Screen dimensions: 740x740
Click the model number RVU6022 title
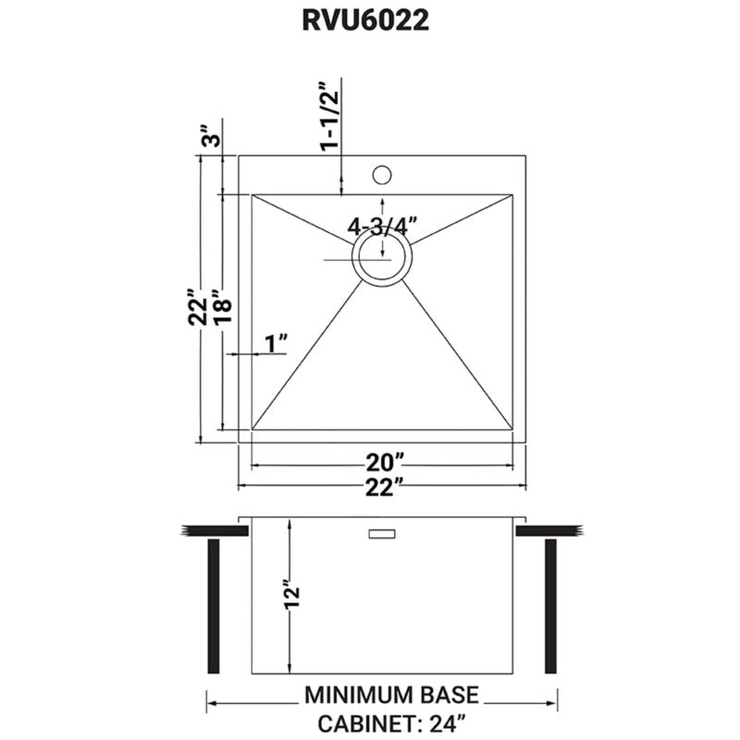365,21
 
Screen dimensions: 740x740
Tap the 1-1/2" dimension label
329,116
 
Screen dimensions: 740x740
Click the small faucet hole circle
382,175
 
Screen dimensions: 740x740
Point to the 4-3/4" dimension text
379,226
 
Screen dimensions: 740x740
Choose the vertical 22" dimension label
198,306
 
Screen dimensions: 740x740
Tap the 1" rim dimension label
275,344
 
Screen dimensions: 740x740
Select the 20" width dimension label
382,463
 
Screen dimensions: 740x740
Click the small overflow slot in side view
382,534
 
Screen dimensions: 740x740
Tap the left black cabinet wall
214,605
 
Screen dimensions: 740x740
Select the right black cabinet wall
551,605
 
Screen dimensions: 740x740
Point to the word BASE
450,695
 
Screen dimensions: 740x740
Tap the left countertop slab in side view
215,531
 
